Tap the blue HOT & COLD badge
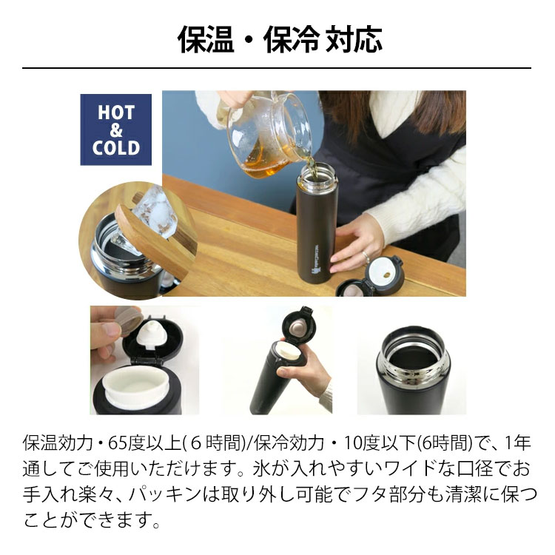(115, 129)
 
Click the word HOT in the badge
(115, 112)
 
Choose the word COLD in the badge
(115, 147)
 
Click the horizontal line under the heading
(277, 68)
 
